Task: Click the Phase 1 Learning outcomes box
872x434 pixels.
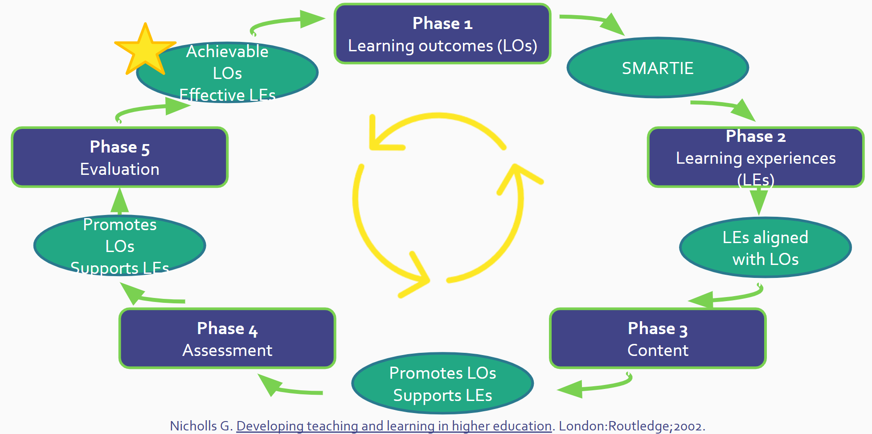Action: [442, 34]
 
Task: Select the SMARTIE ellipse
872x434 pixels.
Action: [658, 68]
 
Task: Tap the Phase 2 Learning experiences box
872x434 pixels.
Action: [756, 157]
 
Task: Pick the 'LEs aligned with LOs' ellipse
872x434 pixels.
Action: [766, 248]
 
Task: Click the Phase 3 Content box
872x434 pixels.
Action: [658, 339]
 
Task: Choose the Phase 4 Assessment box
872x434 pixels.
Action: [227, 339]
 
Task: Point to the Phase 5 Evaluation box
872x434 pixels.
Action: [119, 157]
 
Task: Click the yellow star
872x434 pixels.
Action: [145, 50]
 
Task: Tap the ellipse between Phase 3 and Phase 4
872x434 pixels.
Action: [442, 384]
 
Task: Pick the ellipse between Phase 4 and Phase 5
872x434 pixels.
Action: [119, 246]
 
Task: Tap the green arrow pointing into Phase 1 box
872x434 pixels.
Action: [290, 22]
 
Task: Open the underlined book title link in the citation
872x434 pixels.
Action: [394, 426]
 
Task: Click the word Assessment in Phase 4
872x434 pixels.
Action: [227, 351]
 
